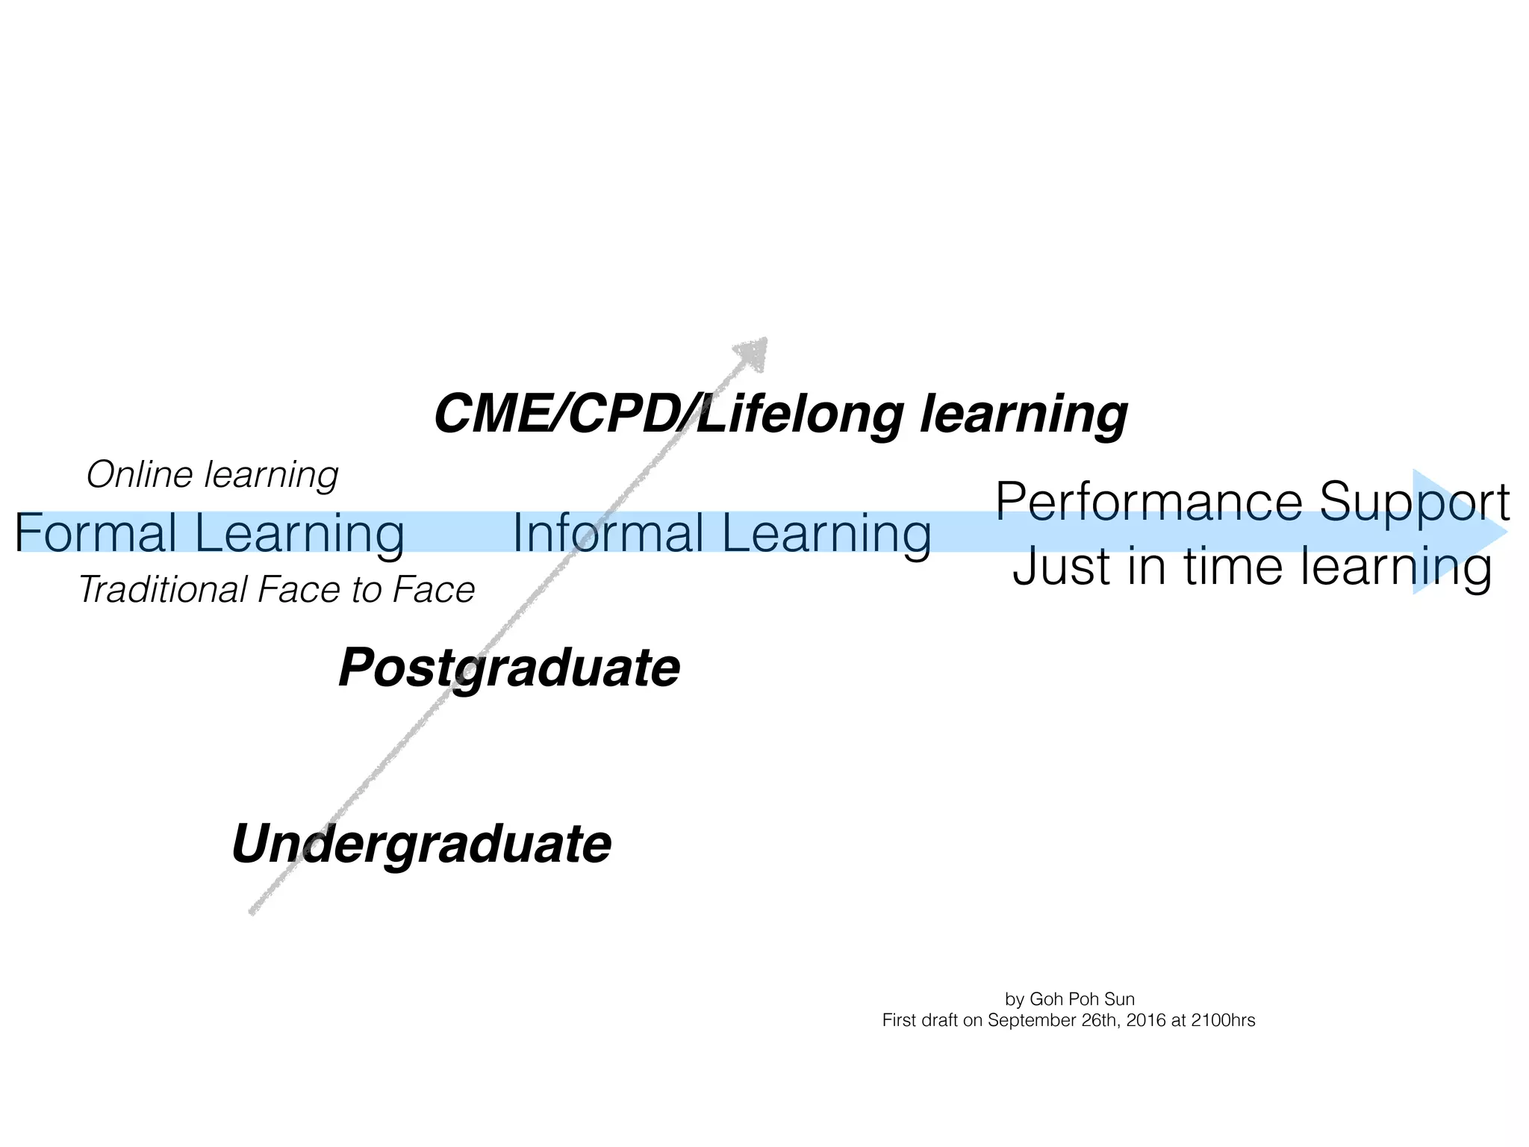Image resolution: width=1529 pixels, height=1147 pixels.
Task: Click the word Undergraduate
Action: [422, 844]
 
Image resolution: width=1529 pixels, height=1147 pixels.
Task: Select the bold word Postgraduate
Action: [509, 668]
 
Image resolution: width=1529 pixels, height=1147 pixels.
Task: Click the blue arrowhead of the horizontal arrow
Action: [1456, 532]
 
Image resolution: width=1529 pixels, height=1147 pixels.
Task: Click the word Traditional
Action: [162, 590]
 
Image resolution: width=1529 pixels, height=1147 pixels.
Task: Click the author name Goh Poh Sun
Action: [1082, 999]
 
